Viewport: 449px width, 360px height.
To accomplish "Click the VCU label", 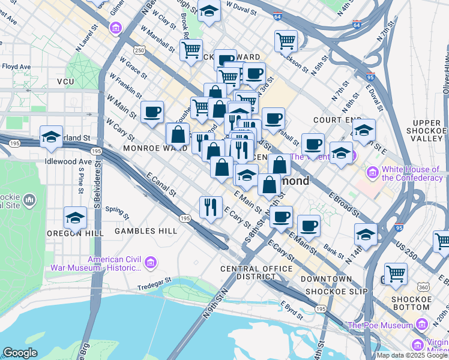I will click(x=65, y=81).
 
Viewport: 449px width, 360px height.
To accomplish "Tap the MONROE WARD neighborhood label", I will click(x=150, y=148).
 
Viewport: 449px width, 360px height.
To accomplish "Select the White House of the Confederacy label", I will click(x=412, y=174).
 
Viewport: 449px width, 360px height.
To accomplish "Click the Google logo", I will click(x=20, y=353).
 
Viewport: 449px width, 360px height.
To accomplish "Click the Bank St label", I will click(x=332, y=247).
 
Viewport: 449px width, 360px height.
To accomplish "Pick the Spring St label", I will click(x=117, y=211).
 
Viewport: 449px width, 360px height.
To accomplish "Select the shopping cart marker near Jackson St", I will click(x=286, y=41).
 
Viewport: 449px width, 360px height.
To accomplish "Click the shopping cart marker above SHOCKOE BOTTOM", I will click(x=396, y=274).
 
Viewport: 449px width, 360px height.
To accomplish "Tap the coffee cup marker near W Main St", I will click(x=152, y=111).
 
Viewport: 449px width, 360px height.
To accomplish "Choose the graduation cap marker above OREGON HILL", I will click(x=76, y=218).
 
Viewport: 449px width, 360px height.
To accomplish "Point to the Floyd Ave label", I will click(x=16, y=67).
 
